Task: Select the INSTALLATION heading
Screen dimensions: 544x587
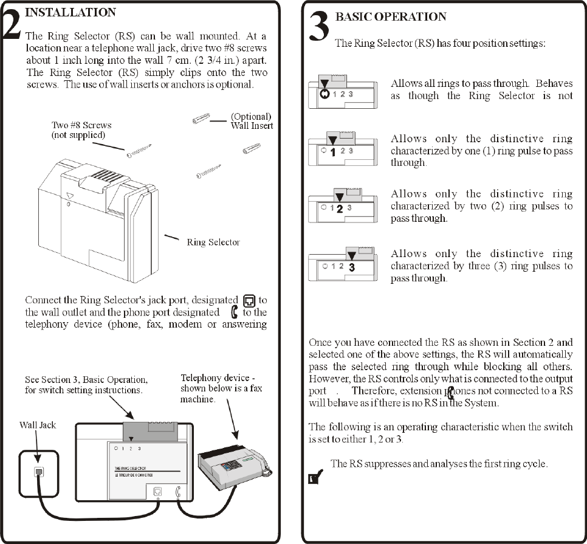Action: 69,12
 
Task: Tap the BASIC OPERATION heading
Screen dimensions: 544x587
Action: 390,16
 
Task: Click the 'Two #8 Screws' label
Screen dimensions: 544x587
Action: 81,129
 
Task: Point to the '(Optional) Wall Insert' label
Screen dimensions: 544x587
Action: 252,121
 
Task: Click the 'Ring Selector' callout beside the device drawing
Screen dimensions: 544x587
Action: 213,242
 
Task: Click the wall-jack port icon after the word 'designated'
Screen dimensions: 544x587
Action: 248,301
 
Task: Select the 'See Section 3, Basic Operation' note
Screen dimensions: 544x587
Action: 86,385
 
